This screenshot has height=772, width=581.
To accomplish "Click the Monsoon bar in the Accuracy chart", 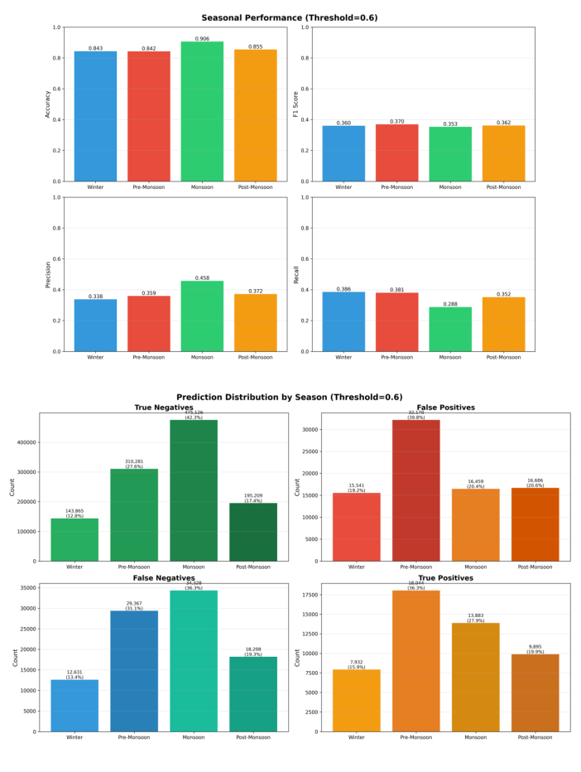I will tap(202, 111).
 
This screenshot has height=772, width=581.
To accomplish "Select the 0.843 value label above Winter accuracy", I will tap(95, 48).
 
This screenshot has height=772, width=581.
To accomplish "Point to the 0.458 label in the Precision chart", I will tap(202, 278).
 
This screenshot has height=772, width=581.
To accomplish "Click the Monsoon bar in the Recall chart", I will tap(450, 329).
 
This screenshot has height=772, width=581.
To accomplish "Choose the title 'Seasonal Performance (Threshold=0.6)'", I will tap(290, 17).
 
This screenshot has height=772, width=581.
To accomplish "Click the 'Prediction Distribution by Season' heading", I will tap(290, 397).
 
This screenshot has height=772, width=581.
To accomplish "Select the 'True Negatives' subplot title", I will tap(164, 408).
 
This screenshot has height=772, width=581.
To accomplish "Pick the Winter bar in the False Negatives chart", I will tap(74, 705).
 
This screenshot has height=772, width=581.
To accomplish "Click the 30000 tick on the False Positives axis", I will tap(310, 430).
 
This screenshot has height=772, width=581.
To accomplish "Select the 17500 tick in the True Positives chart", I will tap(310, 595).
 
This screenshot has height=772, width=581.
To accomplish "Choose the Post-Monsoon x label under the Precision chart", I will tap(256, 357).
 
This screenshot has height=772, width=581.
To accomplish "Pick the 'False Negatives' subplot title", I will tap(164, 578).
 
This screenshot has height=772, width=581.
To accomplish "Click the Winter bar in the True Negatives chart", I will tap(74, 539).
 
